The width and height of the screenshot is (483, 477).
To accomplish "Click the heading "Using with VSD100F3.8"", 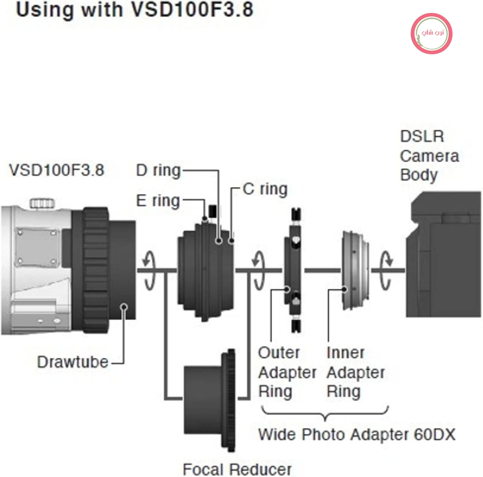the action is (x=135, y=10).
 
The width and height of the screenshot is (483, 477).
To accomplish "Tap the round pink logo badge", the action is (x=431, y=33).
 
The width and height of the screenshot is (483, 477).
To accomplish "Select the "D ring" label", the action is (x=158, y=170).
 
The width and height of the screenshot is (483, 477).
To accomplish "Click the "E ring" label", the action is (x=158, y=201).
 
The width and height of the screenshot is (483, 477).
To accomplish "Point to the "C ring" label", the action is (x=265, y=189).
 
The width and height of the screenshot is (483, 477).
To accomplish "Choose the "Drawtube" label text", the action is (x=73, y=362).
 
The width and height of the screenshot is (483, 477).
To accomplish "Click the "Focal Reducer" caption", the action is (x=237, y=469).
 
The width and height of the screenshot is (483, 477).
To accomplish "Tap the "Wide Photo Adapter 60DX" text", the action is (x=357, y=435).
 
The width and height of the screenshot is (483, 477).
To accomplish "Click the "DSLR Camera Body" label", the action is (x=430, y=156).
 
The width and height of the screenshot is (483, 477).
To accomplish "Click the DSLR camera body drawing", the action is (x=443, y=254).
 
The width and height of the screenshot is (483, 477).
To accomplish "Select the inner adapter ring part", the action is (x=355, y=270).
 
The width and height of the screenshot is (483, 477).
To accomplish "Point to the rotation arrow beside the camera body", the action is (x=386, y=270).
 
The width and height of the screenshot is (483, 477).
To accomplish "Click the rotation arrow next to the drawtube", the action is (x=149, y=270).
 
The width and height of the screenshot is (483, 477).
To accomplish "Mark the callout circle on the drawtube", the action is (x=124, y=307).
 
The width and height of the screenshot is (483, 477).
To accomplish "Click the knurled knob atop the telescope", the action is (x=42, y=203).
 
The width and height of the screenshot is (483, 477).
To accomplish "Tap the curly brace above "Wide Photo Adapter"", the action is (x=325, y=413).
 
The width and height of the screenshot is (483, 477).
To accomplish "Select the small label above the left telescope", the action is (x=56, y=170).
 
